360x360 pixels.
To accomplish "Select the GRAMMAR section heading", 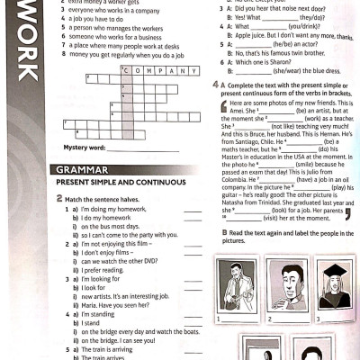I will pyautogui.click(x=82, y=169).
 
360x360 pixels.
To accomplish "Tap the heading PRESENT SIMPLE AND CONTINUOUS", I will pyautogui.click(x=112, y=182).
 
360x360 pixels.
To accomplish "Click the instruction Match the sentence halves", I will pyautogui.click(x=104, y=198).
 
